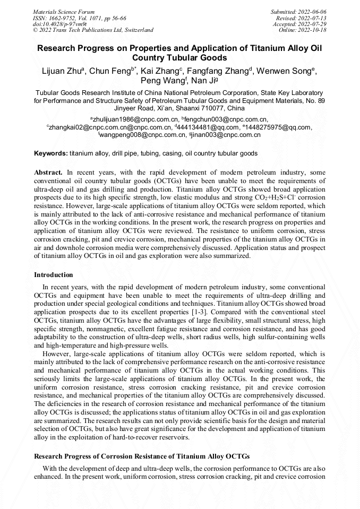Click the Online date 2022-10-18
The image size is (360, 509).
pos(315,30)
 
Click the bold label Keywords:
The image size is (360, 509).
pos(51,153)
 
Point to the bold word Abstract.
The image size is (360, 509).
pos(48,172)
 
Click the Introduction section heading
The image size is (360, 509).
pos(54,275)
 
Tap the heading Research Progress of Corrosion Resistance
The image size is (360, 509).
pos(142,456)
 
